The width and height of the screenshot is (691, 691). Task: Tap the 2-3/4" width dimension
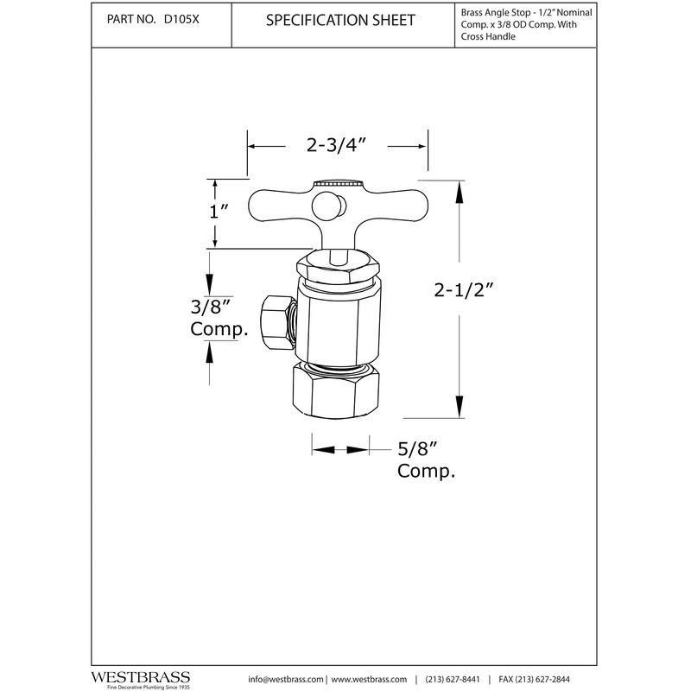click(338, 146)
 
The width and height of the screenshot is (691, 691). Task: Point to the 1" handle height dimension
click(218, 211)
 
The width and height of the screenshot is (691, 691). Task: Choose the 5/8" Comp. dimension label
click(426, 460)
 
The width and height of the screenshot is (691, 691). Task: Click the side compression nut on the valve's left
click(276, 318)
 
